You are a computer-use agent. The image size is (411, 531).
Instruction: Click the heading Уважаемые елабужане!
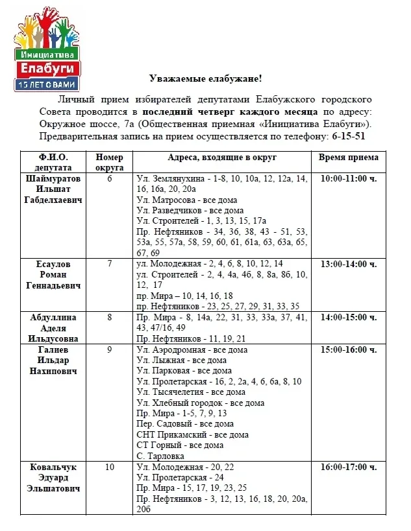[x=205, y=78]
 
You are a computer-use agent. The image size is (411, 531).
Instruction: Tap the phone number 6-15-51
[x=349, y=136]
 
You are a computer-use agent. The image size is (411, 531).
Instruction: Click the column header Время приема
[x=348, y=158]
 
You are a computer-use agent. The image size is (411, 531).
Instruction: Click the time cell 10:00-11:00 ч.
[x=348, y=178]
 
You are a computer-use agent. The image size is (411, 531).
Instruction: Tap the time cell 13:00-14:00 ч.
[x=348, y=264]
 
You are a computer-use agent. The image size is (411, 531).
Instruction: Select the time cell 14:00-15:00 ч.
[x=348, y=318]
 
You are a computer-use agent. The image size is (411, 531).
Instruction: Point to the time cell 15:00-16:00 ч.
[x=348, y=350]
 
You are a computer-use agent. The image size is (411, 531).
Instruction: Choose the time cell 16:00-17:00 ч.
[x=348, y=467]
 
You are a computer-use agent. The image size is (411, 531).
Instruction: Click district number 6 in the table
[x=109, y=178]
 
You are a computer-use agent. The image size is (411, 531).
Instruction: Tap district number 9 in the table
[x=109, y=350]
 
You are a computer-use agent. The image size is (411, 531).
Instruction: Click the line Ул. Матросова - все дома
[x=187, y=200]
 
